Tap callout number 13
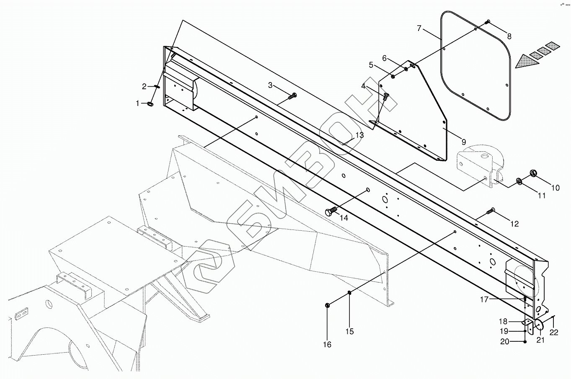(359, 135)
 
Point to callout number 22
(554, 333)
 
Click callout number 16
(327, 344)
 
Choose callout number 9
(464, 142)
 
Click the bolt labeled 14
(331, 211)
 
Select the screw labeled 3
(292, 96)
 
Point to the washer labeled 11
(519, 180)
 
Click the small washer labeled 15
(349, 293)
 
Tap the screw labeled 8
(487, 22)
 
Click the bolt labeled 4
(386, 97)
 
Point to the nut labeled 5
(393, 76)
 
